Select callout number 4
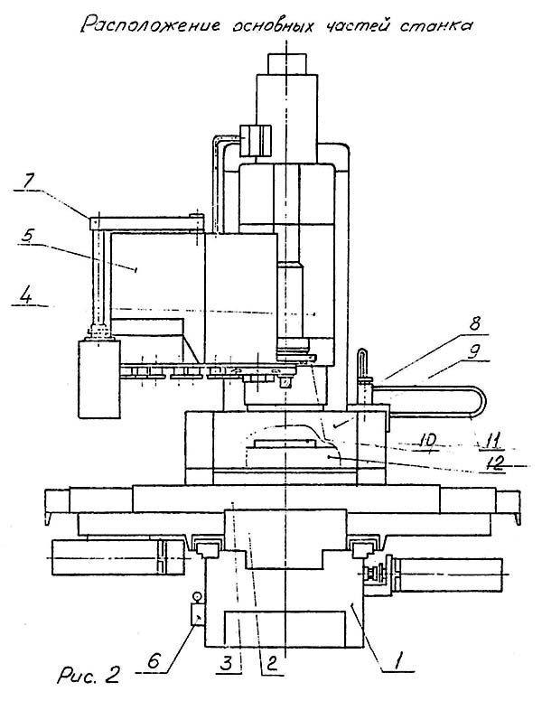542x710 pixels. click(27, 297)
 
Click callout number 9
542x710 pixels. click(474, 351)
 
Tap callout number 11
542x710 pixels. click(489, 440)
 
